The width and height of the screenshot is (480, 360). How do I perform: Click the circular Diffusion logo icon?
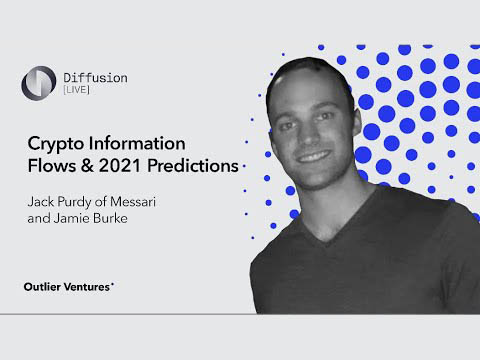tap(39, 81)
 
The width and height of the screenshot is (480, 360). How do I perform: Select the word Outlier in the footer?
tap(45, 286)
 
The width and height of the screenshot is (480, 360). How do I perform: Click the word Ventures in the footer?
tap(89, 286)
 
